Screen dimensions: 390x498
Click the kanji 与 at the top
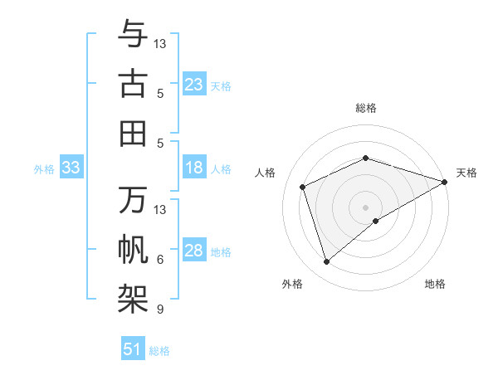pyautogui.click(x=133, y=36)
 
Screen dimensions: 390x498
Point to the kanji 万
pyautogui.click(x=133, y=200)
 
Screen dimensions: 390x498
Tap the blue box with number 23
pyautogui.click(x=194, y=84)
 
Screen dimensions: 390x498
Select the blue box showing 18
pyautogui.click(x=194, y=168)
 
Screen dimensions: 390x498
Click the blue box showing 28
pyautogui.click(x=194, y=251)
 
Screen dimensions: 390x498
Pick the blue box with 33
pyautogui.click(x=71, y=168)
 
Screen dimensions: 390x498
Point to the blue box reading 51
pyautogui.click(x=133, y=349)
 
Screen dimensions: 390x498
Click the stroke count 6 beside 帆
pyautogui.click(x=160, y=260)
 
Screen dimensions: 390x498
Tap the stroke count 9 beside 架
pyautogui.click(x=160, y=310)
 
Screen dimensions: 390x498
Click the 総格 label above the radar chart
pyautogui.click(x=365, y=109)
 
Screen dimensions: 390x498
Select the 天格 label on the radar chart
pyautogui.click(x=466, y=173)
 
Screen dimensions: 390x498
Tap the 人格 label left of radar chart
pyautogui.click(x=266, y=173)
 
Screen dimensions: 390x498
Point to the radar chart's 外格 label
pyautogui.click(x=292, y=284)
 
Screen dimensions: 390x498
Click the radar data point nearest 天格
pyautogui.click(x=444, y=182)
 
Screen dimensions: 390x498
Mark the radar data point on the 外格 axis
pyautogui.click(x=326, y=262)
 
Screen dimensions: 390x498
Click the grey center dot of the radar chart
pyautogui.click(x=365, y=207)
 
